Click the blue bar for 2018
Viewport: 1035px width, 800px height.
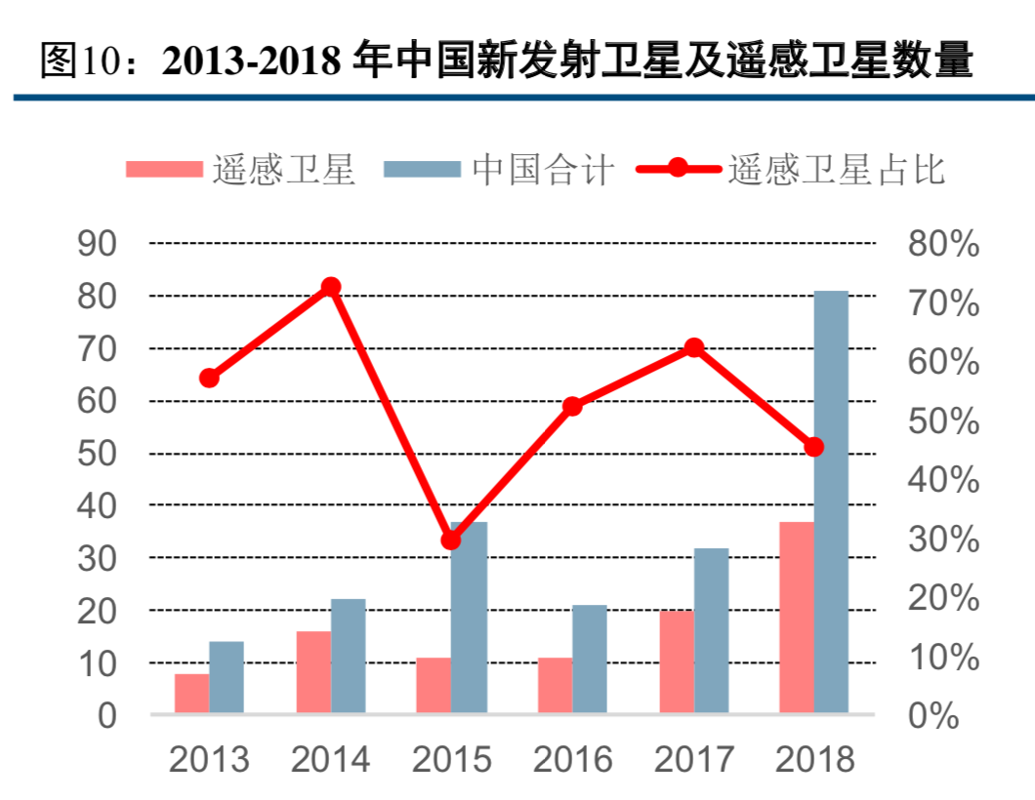(x=831, y=502)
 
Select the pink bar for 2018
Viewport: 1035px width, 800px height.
(x=796, y=618)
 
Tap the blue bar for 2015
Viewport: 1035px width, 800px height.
(x=469, y=618)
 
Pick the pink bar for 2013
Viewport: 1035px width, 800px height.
(x=191, y=694)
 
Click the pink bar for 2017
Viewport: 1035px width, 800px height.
(x=676, y=662)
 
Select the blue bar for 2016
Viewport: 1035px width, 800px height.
(x=589, y=660)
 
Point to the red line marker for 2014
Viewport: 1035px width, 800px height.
(x=330, y=287)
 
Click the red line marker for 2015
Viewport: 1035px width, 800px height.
(x=450, y=540)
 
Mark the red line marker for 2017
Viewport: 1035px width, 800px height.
(x=693, y=347)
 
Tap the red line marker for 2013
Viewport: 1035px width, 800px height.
(x=209, y=378)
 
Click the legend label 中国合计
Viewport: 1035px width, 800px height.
(x=543, y=170)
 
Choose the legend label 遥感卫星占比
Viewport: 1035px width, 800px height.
(x=836, y=170)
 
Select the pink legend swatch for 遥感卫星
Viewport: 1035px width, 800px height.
(x=163, y=170)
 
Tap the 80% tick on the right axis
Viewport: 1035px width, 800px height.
(x=943, y=244)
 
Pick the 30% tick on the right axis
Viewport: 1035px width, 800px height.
(x=943, y=540)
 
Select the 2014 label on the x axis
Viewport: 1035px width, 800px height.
(x=330, y=759)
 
